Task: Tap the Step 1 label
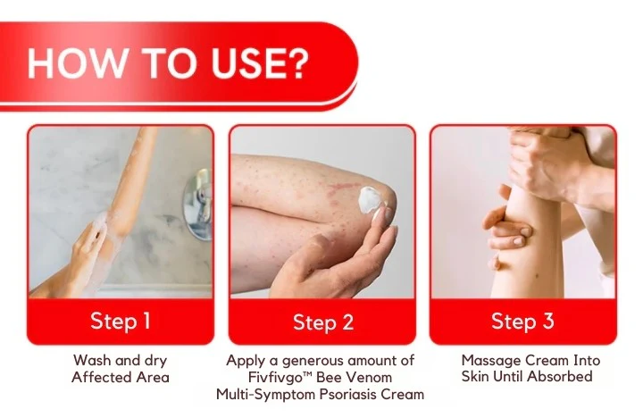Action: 120,321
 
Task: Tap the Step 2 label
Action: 322,322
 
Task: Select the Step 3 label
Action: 523,321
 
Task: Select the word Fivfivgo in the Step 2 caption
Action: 264,377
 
